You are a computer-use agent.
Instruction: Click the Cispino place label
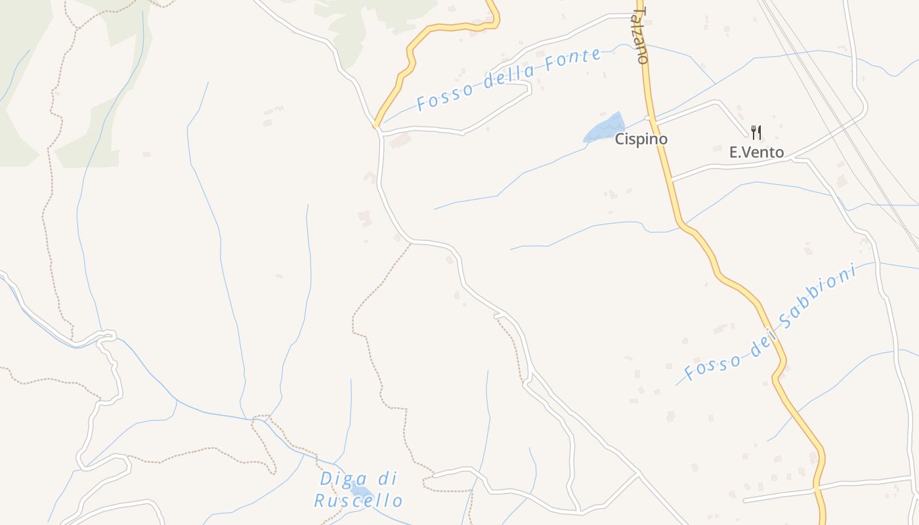(x=641, y=139)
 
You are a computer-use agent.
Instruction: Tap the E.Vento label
(x=756, y=152)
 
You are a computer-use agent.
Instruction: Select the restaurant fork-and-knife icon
(x=756, y=133)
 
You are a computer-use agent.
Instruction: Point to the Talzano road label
(x=641, y=35)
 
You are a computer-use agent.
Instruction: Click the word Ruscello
(x=358, y=501)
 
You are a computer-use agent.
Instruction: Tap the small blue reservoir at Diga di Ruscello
(x=360, y=490)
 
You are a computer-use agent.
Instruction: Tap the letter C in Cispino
(x=619, y=139)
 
